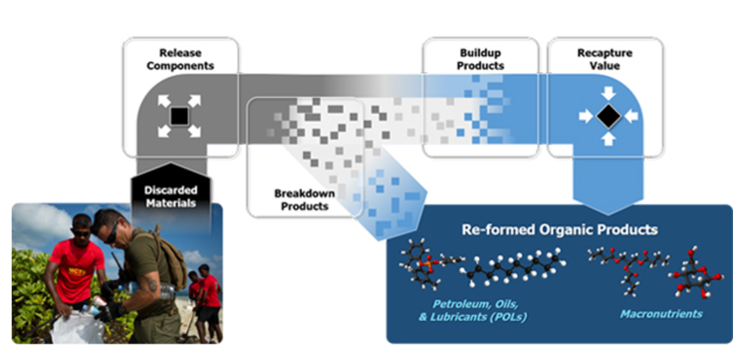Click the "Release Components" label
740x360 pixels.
click(180, 59)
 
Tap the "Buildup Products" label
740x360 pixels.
click(480, 59)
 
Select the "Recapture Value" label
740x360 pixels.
click(605, 59)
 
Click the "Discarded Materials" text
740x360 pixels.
click(170, 197)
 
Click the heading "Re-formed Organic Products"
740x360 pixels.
click(559, 230)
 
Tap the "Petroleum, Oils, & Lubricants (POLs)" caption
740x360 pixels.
click(473, 309)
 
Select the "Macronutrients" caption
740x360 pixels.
click(661, 314)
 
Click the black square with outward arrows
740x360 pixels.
click(179, 116)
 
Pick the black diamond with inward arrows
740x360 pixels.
click(609, 116)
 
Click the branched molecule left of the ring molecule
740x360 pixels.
click(629, 271)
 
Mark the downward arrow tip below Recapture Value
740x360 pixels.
click(608, 215)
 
